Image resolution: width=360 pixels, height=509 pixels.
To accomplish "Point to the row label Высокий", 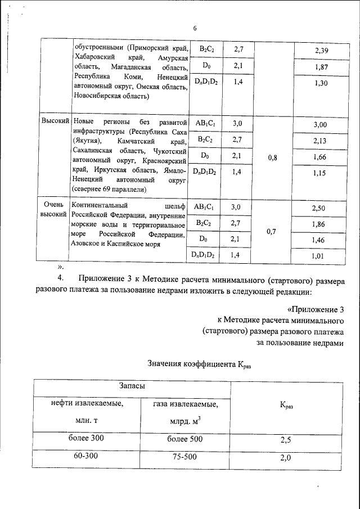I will [55, 121].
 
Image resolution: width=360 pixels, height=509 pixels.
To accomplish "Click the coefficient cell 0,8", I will [273, 158].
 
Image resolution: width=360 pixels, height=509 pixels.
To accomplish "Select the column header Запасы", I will [133, 386].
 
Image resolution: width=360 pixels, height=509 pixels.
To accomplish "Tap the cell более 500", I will [185, 438].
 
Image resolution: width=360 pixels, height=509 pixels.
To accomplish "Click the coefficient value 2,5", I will [285, 440].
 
